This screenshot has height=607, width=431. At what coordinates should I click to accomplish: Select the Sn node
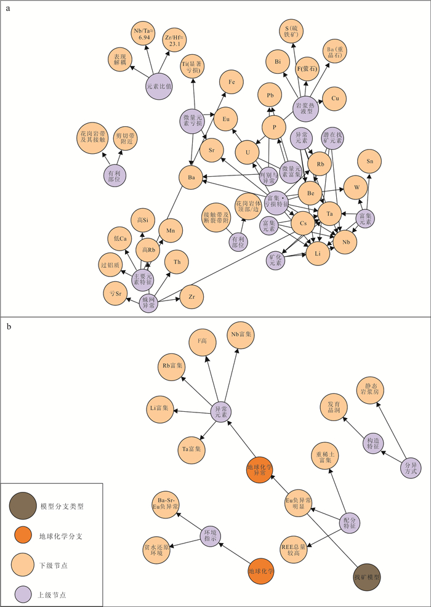click(x=369, y=161)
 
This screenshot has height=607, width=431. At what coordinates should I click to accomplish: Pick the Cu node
click(x=335, y=98)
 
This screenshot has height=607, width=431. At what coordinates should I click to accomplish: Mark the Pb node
click(x=270, y=95)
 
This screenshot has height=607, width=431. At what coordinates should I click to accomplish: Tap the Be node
click(x=310, y=193)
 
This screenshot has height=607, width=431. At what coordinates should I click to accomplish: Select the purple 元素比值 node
click(x=159, y=86)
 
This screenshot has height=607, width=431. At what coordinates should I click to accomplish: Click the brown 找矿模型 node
click(x=368, y=578)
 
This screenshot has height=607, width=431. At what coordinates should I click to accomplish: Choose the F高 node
click(x=201, y=340)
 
